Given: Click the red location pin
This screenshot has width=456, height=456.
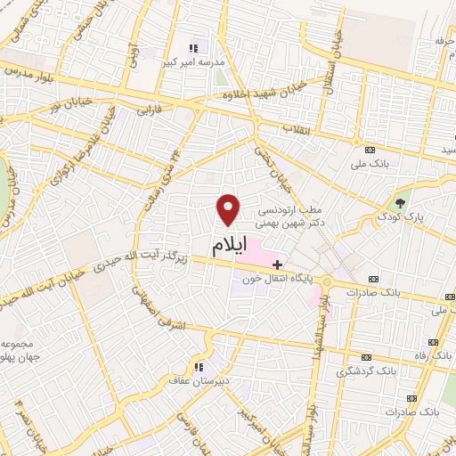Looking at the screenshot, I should (230, 209).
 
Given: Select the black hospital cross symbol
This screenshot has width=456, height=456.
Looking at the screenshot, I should (277, 265).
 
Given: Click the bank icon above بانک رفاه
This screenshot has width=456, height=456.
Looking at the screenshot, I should (435, 342).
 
